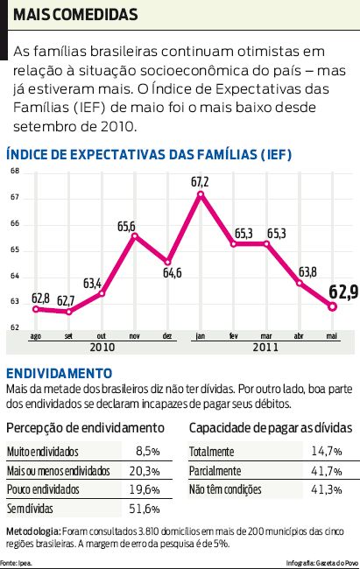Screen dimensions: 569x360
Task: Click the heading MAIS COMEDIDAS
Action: (x=75, y=16)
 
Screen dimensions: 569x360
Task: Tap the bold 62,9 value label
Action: (x=342, y=292)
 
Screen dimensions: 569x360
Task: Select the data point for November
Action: (x=134, y=236)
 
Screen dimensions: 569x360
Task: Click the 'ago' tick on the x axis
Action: (x=35, y=335)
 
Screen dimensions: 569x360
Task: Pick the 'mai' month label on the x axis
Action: (x=332, y=335)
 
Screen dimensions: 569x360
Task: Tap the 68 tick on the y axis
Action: (x=14, y=171)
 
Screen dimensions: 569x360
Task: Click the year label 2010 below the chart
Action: (x=102, y=347)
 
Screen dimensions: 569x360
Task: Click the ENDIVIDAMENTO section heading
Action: (x=59, y=372)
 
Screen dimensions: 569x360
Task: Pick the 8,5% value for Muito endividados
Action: (x=148, y=452)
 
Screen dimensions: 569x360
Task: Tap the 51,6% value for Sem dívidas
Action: (x=145, y=509)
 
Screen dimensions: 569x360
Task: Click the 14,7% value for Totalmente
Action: (x=326, y=452)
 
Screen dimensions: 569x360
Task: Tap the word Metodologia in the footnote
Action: (x=32, y=530)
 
